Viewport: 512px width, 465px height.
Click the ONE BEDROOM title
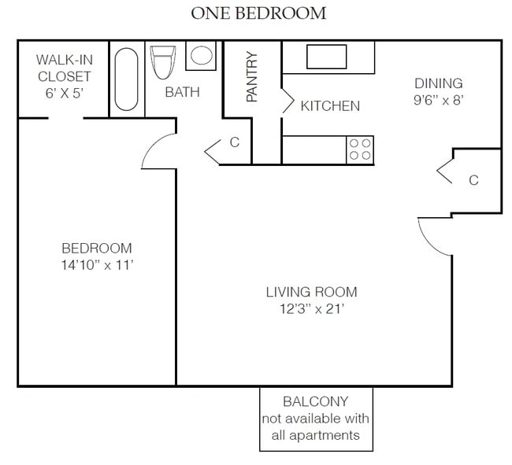(258, 13)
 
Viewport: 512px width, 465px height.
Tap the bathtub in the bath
(126, 79)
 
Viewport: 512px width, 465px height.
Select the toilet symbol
(162, 62)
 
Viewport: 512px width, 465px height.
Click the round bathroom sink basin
(202, 55)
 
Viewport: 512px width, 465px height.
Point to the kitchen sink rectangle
(327, 57)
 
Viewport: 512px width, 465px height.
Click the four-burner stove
(360, 149)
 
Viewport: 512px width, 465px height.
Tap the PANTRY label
(251, 76)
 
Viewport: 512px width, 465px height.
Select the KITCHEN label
(330, 106)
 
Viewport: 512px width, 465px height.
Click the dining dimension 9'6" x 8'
(439, 100)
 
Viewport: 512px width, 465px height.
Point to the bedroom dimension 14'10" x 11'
(98, 265)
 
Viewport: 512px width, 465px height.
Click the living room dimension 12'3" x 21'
(312, 308)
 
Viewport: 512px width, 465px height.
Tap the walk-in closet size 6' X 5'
(65, 94)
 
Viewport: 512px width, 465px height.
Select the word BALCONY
(315, 401)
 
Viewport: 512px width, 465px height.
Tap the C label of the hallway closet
(235, 142)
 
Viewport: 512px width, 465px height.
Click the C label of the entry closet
(473, 180)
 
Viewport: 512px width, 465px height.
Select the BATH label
(182, 92)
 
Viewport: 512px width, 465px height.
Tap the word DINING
(439, 83)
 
